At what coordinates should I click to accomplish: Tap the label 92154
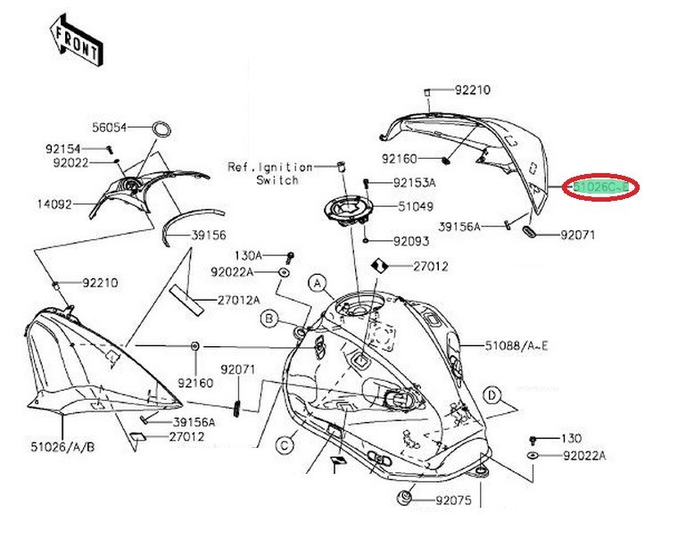tap(63, 148)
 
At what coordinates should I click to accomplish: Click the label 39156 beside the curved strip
tap(209, 236)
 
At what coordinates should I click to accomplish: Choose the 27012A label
tap(239, 300)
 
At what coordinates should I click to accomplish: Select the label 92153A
tap(415, 183)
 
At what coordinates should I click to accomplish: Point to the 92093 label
tap(410, 241)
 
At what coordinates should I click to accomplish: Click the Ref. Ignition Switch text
tap(271, 173)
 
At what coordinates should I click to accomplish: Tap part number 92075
tap(453, 501)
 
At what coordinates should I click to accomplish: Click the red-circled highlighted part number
tap(603, 187)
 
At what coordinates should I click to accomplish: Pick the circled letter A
tap(316, 283)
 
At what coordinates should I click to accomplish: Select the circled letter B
tap(269, 317)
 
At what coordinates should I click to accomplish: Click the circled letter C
tap(285, 443)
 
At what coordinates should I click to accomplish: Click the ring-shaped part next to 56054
tap(162, 128)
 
